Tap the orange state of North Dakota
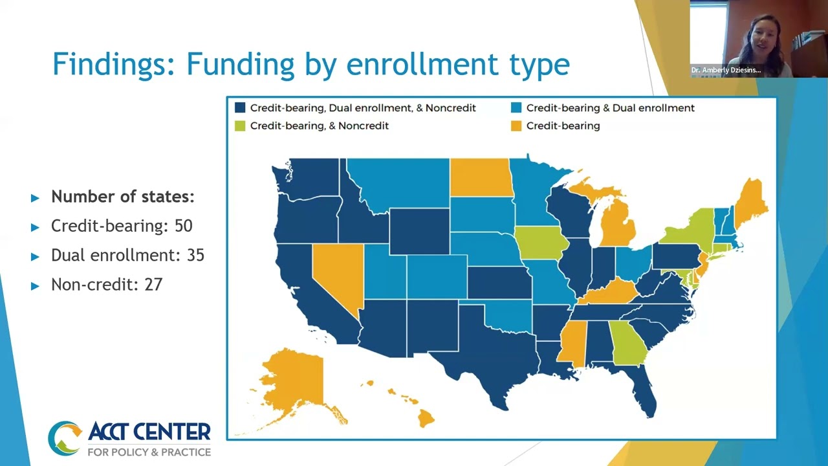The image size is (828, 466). (x=481, y=177)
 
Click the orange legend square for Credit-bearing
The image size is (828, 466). (x=516, y=126)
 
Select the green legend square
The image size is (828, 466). (x=240, y=126)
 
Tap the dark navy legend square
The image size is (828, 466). (x=240, y=108)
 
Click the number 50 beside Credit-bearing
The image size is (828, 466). (x=183, y=226)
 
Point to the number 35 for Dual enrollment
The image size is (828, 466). (x=195, y=255)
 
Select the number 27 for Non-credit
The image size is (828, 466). (x=153, y=284)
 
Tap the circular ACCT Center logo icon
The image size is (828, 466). (x=65, y=438)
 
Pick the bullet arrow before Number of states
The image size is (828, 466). (x=35, y=197)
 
